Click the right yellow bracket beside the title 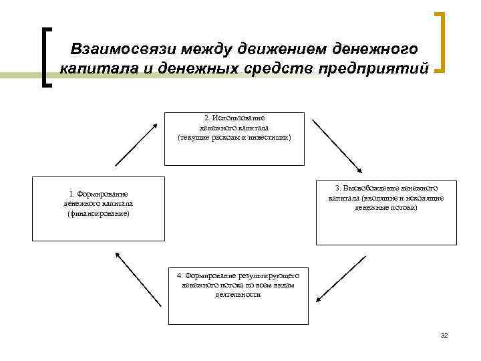point(440,41)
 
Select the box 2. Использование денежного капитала point(234,138)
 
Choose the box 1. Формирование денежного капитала point(99,208)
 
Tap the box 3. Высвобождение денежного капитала point(386,212)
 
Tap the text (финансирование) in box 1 point(99,213)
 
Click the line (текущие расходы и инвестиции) point(234,136)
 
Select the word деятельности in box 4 point(233,294)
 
